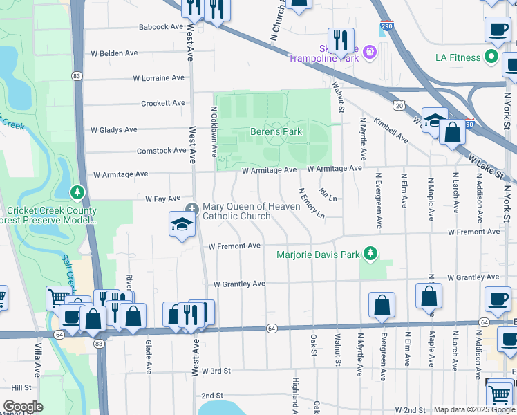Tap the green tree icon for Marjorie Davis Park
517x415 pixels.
click(371, 254)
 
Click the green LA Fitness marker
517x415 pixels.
click(491, 57)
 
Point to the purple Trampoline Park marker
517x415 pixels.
click(370, 51)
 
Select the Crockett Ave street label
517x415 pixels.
click(163, 103)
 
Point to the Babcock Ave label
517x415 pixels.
click(160, 27)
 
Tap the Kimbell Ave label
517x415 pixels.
click(391, 130)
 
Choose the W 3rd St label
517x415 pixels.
click(220, 371)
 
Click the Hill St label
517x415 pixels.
click(21, 388)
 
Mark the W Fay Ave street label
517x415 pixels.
click(162, 199)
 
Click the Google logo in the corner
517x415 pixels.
click(23, 407)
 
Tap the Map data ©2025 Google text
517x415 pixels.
click(474, 409)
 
